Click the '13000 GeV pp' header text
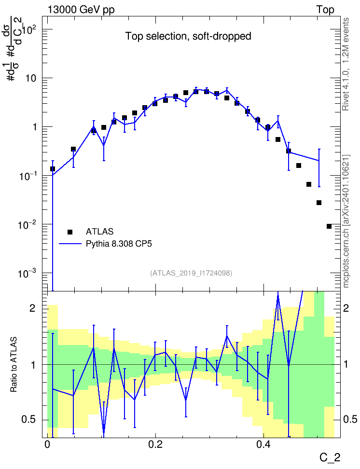(x=81, y=10)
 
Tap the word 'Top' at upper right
(x=325, y=10)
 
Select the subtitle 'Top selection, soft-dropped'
(x=188, y=36)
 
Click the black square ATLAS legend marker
(x=70, y=232)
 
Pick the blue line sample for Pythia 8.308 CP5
(x=70, y=244)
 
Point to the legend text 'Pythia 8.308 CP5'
(x=119, y=244)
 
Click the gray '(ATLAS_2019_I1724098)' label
(x=191, y=273)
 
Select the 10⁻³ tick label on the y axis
(x=27, y=273)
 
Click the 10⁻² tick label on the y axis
(x=27, y=224)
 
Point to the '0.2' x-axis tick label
(x=155, y=444)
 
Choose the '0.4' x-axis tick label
(x=263, y=444)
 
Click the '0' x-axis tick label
(x=47, y=444)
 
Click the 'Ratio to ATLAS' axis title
(x=14, y=365)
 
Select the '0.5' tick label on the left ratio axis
(x=28, y=420)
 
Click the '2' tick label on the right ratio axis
(x=346, y=308)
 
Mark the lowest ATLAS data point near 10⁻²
(x=329, y=226)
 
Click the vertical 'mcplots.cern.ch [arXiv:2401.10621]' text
(x=346, y=221)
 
